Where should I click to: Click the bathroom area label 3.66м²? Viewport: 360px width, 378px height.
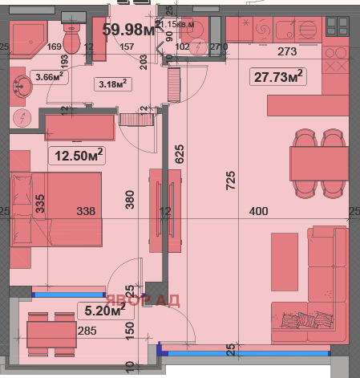[x=51, y=77]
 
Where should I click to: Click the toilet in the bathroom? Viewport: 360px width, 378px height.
[x=71, y=38]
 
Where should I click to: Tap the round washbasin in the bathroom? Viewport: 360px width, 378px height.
[x=18, y=84]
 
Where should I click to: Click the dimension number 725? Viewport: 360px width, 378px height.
[x=231, y=182]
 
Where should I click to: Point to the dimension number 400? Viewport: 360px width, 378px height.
[x=257, y=212]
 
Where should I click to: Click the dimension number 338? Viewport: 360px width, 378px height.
[x=86, y=212]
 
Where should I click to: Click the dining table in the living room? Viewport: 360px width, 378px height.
[x=319, y=164]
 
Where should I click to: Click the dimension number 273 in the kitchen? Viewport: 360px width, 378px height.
[x=287, y=52]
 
